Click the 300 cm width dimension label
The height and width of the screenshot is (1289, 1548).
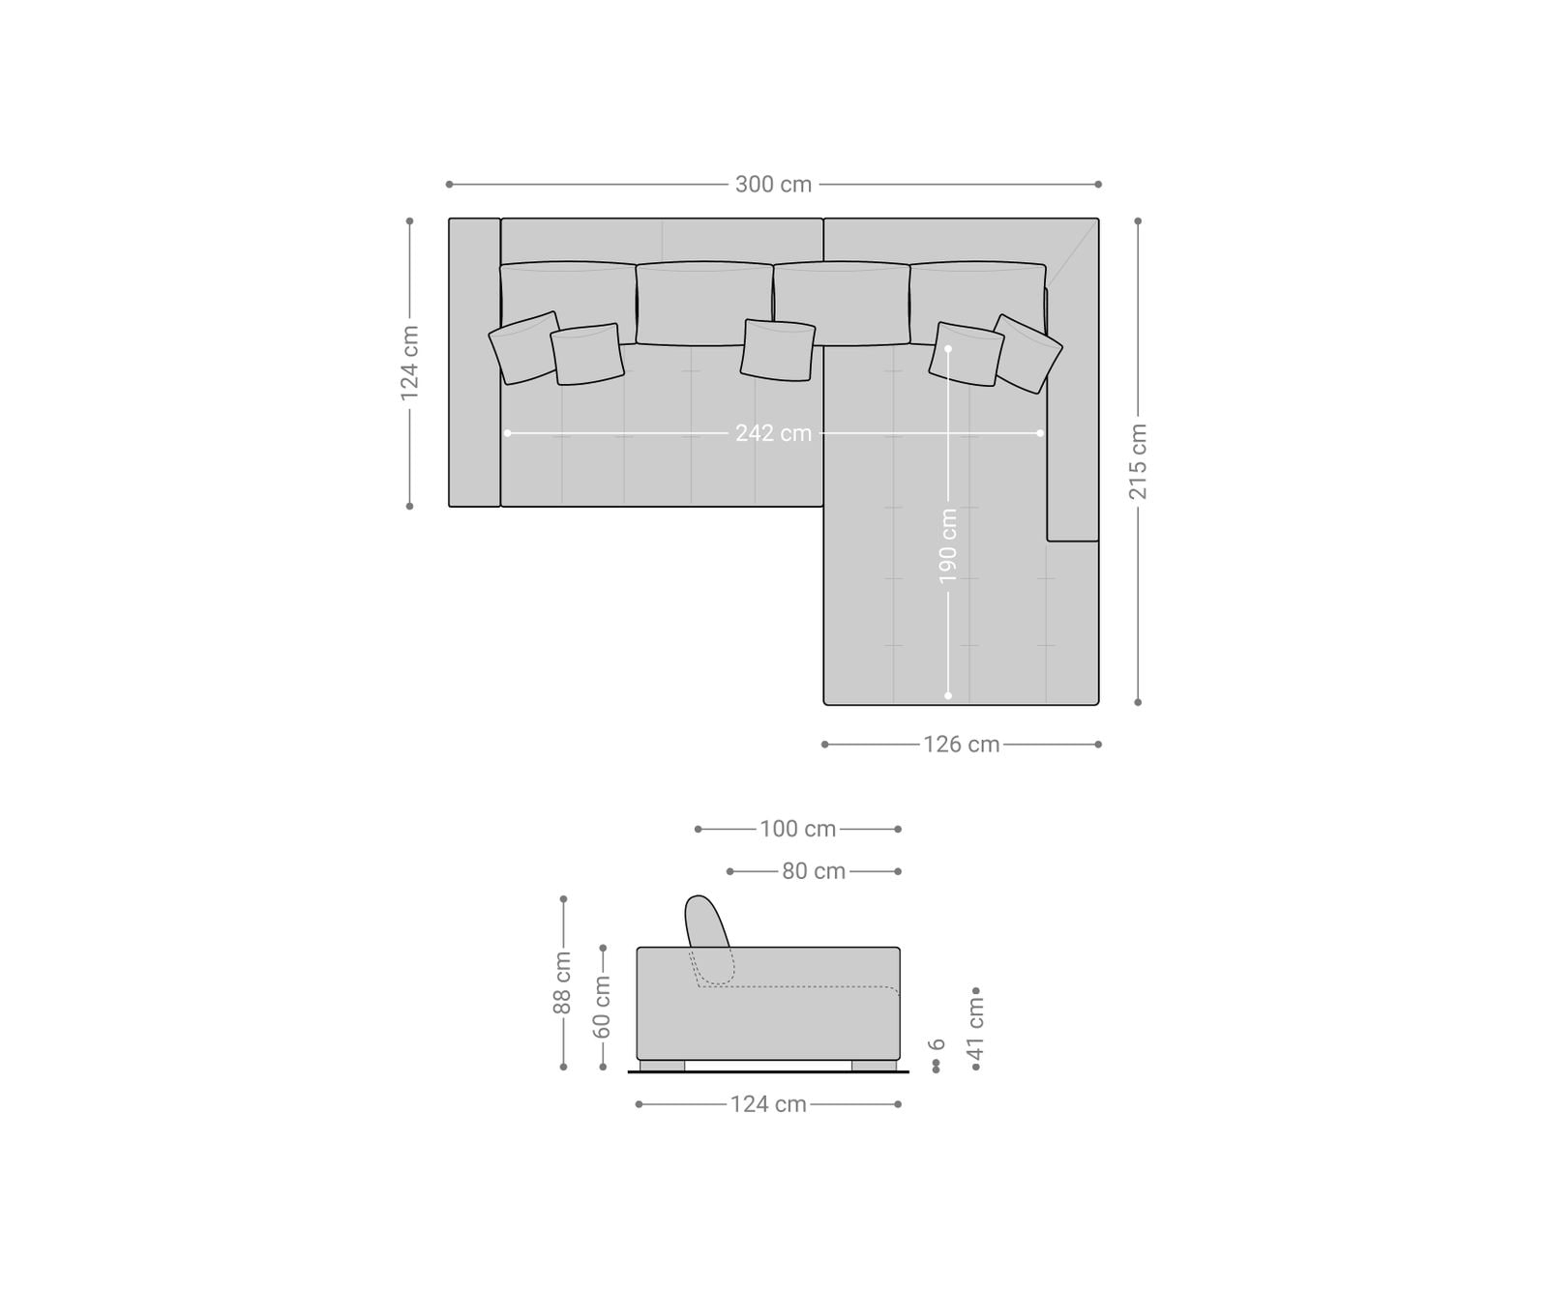(773, 184)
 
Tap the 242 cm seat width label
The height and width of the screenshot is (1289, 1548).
(773, 433)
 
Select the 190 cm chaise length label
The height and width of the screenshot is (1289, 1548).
(948, 545)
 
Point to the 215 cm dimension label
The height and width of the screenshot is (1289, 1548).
(1138, 461)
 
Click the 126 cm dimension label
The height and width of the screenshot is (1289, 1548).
(961, 745)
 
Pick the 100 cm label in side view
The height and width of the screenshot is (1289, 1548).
(797, 829)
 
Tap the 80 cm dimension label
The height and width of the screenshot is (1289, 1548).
(814, 871)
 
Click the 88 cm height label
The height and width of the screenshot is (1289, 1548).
(562, 982)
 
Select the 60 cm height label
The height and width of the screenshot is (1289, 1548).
(602, 1006)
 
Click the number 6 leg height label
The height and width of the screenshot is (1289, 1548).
(936, 1044)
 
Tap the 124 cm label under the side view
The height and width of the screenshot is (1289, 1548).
(768, 1104)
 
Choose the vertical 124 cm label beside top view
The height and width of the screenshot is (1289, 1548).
(409, 363)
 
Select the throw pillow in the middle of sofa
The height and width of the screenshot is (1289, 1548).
(777, 349)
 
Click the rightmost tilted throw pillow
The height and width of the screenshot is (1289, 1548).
(1027, 353)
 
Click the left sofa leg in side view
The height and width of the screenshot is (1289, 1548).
(662, 1066)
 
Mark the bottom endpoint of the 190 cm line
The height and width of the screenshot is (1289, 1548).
(948, 695)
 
